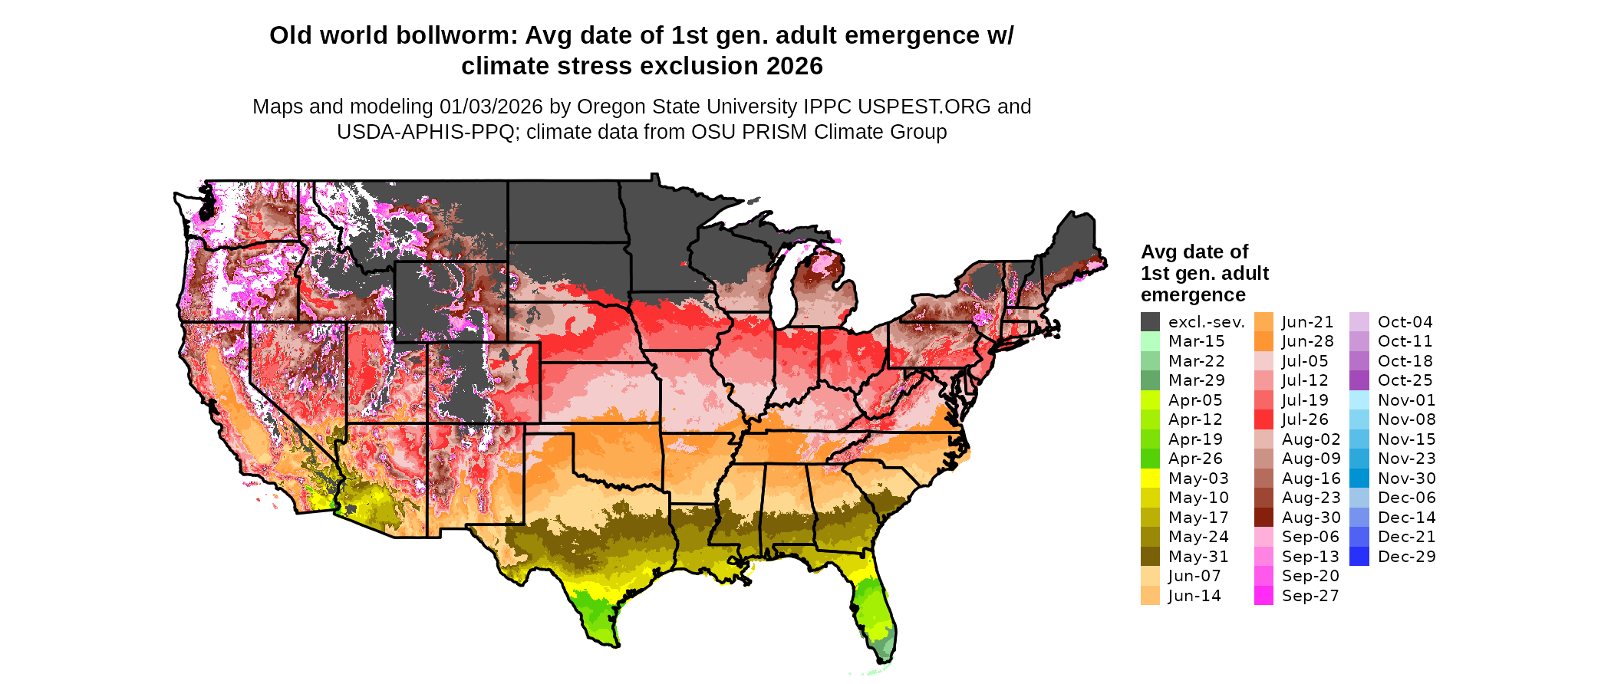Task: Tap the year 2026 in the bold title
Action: click(788, 67)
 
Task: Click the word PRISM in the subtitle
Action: click(772, 132)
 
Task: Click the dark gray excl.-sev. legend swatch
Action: click(1150, 322)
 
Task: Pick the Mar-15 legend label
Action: click(1196, 341)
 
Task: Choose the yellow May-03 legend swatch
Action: click(1150, 478)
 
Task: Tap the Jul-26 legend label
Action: click(1304, 419)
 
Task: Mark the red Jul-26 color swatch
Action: click(1263, 419)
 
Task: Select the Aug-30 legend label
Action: click(1311, 518)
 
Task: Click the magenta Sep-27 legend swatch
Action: click(1263, 596)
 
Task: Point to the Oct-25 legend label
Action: click(1405, 380)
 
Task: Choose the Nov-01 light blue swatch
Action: click(1359, 400)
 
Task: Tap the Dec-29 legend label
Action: click(1406, 557)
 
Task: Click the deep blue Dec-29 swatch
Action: click(1359, 557)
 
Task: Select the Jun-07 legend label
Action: click(1194, 576)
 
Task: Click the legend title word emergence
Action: click(1193, 295)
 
